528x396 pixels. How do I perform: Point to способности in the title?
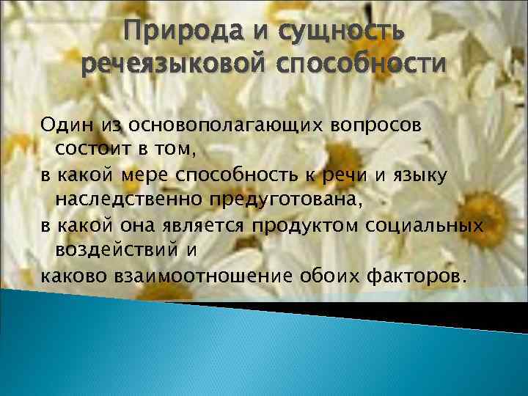(x=359, y=65)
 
